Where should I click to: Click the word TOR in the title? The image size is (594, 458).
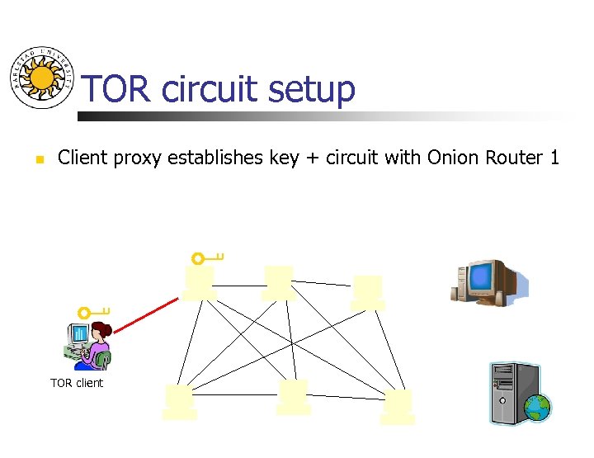(117, 89)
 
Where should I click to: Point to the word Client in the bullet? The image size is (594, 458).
(82, 157)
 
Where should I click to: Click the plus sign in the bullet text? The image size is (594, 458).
(313, 158)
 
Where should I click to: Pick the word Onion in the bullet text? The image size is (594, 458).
(453, 157)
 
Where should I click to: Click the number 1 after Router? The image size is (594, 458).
(554, 157)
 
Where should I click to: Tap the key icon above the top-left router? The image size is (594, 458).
(207, 257)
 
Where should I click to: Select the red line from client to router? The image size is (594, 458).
(146, 315)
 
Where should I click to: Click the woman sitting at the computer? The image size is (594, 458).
(91, 346)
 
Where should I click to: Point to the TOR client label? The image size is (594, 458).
(77, 383)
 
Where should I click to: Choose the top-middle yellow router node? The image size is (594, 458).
(278, 283)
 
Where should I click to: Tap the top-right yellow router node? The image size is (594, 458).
(368, 292)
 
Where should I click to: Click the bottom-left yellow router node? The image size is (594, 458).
(179, 402)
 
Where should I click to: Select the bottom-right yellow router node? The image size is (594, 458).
(398, 407)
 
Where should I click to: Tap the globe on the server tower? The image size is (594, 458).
(537, 407)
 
